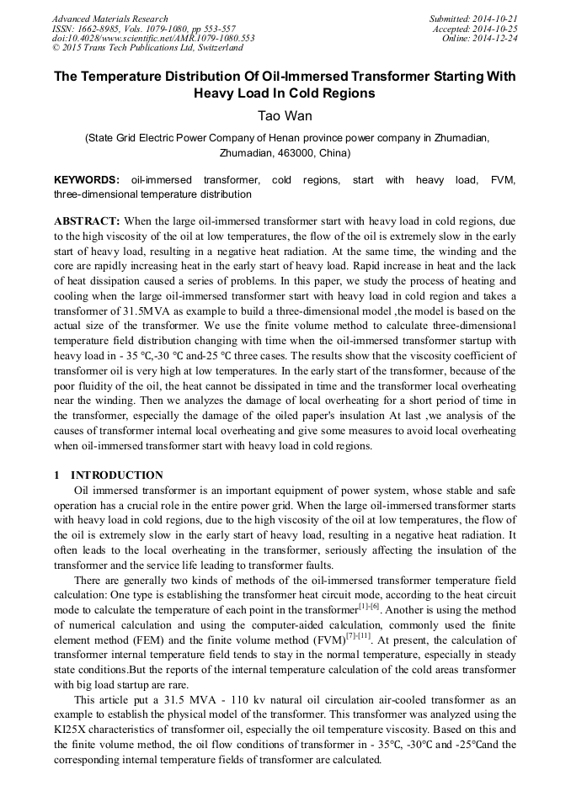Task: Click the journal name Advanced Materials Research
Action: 109,19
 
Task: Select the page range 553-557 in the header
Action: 217,29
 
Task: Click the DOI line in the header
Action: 152,39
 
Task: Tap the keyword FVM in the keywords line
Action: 502,180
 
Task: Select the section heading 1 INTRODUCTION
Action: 109,475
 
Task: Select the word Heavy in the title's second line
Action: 217,93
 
